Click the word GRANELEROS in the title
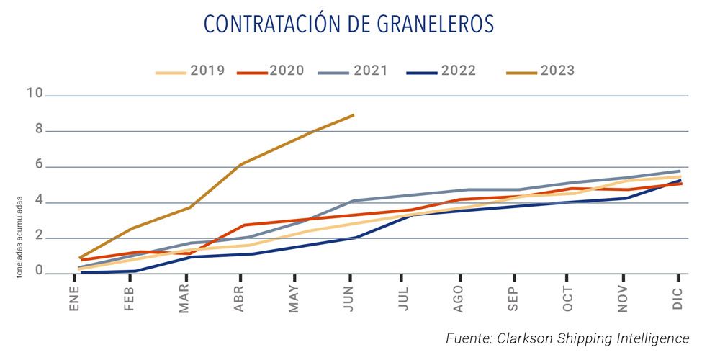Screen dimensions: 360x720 [436, 24]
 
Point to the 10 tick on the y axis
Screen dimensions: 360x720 [35, 95]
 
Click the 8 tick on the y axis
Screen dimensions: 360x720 [39, 131]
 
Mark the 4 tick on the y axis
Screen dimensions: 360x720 [39, 202]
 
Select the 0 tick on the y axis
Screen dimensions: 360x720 [39, 274]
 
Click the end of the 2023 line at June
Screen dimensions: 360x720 [353, 114]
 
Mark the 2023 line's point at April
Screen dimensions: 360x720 [240, 164]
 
